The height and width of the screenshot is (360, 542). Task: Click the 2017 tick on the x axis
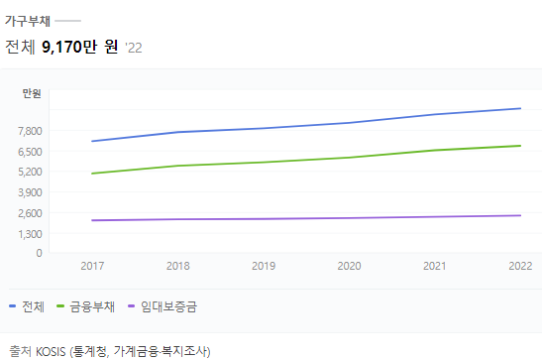(x=92, y=266)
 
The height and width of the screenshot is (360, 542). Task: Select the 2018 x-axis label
(x=178, y=266)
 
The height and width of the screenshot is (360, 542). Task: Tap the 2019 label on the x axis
(x=264, y=266)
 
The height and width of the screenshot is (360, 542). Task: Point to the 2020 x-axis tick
(x=349, y=266)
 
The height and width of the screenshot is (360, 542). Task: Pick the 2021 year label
(x=434, y=266)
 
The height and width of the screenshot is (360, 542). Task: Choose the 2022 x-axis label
(x=519, y=266)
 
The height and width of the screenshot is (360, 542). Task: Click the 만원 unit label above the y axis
(x=32, y=93)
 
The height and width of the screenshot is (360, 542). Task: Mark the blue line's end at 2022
(x=520, y=108)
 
